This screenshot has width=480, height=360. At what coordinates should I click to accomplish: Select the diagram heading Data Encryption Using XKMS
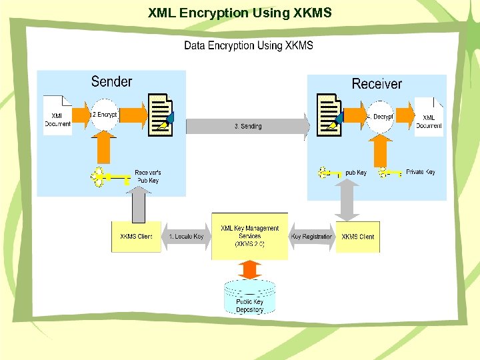click(248, 45)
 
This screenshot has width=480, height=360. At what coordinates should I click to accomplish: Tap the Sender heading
click(111, 81)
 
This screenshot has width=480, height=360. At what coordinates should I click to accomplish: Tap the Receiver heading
click(377, 83)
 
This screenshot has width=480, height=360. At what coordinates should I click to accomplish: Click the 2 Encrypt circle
click(104, 115)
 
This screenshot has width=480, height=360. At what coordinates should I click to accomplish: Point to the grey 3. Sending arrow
click(247, 126)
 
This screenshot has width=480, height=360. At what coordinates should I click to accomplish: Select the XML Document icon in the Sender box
click(58, 115)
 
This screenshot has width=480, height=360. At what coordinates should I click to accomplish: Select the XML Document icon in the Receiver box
click(429, 117)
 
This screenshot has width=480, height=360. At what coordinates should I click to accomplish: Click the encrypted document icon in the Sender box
click(161, 115)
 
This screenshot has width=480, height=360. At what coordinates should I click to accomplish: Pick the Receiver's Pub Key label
click(147, 176)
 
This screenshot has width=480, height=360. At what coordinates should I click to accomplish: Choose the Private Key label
click(420, 172)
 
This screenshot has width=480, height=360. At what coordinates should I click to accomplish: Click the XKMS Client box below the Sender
click(136, 237)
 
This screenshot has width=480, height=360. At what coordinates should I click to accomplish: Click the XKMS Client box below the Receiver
click(358, 237)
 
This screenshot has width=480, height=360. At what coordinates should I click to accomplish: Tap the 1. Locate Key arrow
click(186, 237)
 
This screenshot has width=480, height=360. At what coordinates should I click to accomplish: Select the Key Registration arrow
click(311, 237)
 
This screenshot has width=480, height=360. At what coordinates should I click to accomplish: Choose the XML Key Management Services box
click(249, 236)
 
